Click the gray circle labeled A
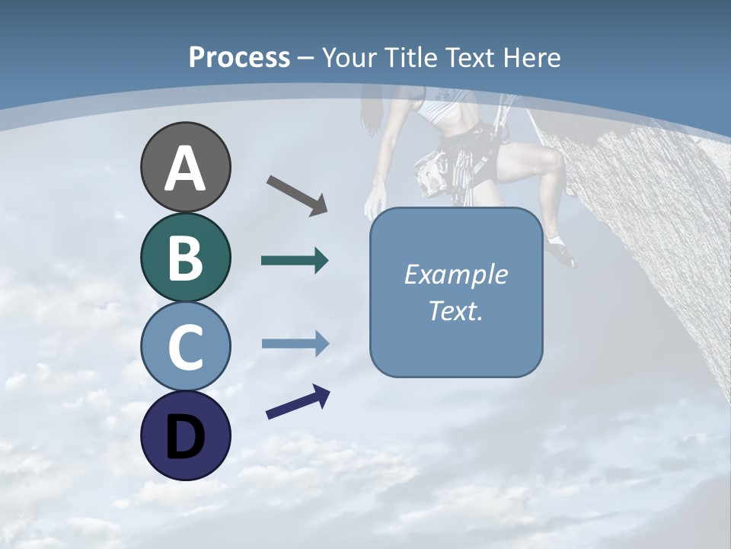click(x=185, y=167)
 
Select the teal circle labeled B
click(x=185, y=257)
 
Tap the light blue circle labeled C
click(x=185, y=346)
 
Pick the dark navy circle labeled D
click(x=185, y=435)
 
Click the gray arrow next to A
click(x=297, y=194)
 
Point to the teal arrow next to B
click(x=295, y=261)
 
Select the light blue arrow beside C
click(x=295, y=344)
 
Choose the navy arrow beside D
click(x=298, y=402)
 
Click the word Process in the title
click(x=239, y=57)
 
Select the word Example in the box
click(x=455, y=274)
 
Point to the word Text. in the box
click(x=455, y=311)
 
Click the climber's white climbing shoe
click(x=561, y=252)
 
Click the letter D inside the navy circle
click(x=185, y=436)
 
